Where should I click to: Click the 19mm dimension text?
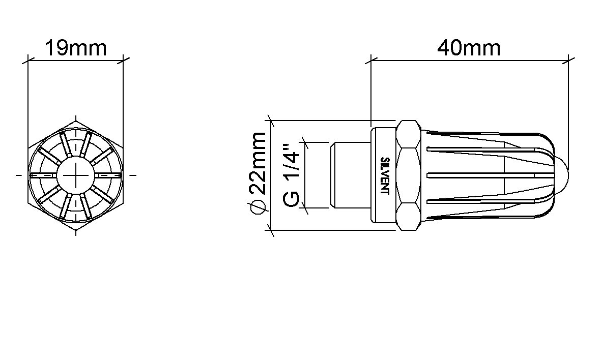[x=75, y=48]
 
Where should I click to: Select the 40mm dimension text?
[x=469, y=48]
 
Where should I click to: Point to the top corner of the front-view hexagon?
[x=75, y=120]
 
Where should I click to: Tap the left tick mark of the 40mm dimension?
[x=370, y=60]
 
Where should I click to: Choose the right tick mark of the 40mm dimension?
[x=568, y=60]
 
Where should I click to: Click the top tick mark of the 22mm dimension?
[x=272, y=121]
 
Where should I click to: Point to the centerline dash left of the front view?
[x=19, y=175]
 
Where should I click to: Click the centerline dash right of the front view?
[x=133, y=175]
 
